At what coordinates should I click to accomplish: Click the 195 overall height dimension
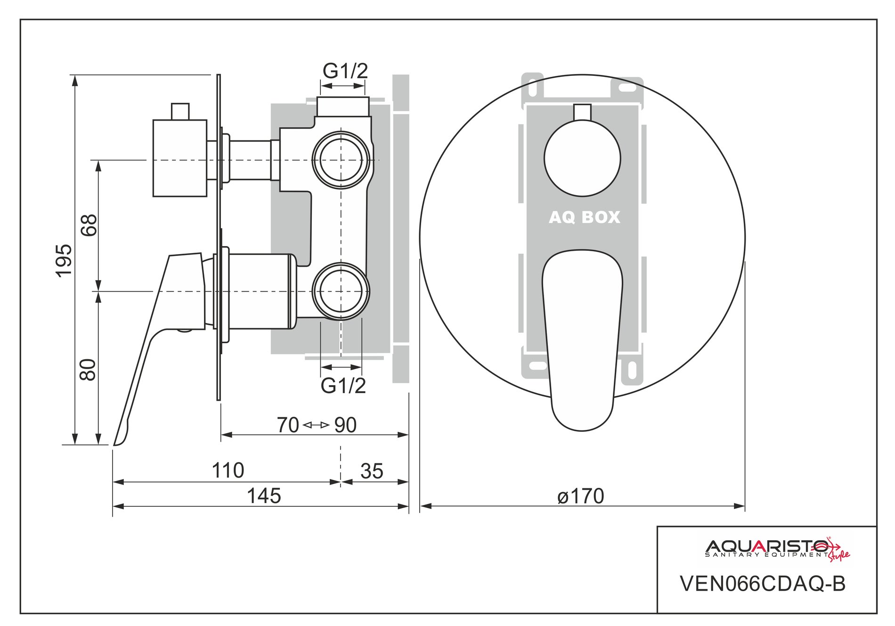pyautogui.click(x=64, y=261)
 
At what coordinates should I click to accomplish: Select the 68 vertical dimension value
pyautogui.click(x=89, y=225)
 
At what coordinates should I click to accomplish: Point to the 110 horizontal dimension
pyautogui.click(x=228, y=470)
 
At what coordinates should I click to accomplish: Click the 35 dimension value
pyautogui.click(x=372, y=471)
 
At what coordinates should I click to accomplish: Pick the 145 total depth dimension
pyautogui.click(x=264, y=496)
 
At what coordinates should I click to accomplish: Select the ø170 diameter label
pyautogui.click(x=580, y=496)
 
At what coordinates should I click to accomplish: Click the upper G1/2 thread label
pyautogui.click(x=345, y=71)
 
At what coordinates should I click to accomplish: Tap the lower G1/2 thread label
pyautogui.click(x=343, y=386)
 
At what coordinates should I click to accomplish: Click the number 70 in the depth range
pyautogui.click(x=287, y=425)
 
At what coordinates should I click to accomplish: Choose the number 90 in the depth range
pyautogui.click(x=345, y=426)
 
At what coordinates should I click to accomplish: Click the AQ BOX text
pyautogui.click(x=584, y=217)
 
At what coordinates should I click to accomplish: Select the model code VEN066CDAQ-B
pyautogui.click(x=763, y=584)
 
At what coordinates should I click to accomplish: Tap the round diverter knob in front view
pyautogui.click(x=582, y=158)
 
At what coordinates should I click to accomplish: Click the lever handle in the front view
pyautogui.click(x=582, y=339)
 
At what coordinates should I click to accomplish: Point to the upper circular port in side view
pyautogui.click(x=341, y=160)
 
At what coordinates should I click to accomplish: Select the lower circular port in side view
pyautogui.click(x=341, y=291)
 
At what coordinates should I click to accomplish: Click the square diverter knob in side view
pyautogui.click(x=180, y=158)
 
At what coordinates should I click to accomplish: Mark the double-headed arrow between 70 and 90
pyautogui.click(x=316, y=425)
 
